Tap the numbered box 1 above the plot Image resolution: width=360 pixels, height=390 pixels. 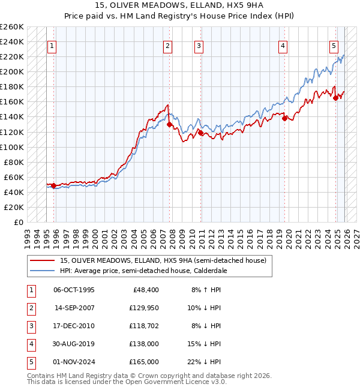point(52,46)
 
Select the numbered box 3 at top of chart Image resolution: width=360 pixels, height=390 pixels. point(199,46)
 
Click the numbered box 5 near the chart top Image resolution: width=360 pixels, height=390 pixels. point(334,46)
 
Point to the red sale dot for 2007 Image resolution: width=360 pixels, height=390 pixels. point(169,124)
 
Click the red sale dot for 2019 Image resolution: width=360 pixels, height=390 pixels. point(284,118)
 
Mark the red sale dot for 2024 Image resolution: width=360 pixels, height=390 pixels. point(336,98)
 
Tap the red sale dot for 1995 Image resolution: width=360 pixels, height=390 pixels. point(53,185)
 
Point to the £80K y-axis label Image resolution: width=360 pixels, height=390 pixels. point(14,162)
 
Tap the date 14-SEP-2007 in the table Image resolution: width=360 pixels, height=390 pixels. point(74,308)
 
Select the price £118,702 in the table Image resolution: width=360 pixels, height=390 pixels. point(143,326)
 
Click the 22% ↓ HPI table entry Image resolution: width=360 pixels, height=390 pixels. point(205,362)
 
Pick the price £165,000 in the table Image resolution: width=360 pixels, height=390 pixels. point(144,362)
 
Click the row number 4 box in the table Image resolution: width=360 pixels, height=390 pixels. point(31,344)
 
